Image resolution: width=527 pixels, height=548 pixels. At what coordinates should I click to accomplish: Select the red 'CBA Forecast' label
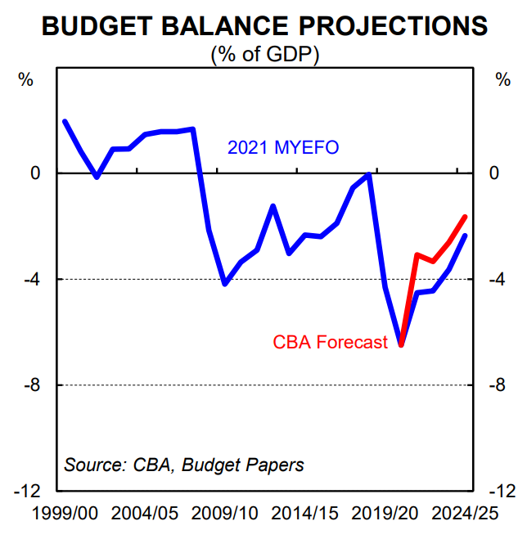pyautogui.click(x=330, y=342)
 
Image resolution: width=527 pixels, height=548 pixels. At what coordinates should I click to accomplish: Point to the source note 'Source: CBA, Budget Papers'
pyautogui.click(x=184, y=465)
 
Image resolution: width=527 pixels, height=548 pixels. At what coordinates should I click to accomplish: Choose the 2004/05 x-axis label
pyautogui.click(x=144, y=514)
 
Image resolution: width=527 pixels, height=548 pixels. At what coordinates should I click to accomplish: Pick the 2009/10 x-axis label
pyautogui.click(x=224, y=514)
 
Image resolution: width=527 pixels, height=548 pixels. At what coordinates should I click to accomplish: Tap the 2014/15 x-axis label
pyautogui.click(x=304, y=514)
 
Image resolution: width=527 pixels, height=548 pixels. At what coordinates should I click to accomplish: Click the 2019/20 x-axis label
pyautogui.click(x=385, y=514)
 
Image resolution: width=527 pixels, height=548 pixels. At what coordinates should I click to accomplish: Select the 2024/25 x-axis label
pyautogui.click(x=465, y=514)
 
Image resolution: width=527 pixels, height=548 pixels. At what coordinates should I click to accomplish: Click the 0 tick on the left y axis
pyautogui.click(x=36, y=173)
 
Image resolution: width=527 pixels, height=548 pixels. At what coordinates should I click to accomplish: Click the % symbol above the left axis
pyautogui.click(x=26, y=79)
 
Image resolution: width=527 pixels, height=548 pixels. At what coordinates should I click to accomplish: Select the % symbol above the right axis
pyautogui.click(x=502, y=79)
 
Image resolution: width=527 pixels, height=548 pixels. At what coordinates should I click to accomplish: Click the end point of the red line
pyautogui.click(x=466, y=217)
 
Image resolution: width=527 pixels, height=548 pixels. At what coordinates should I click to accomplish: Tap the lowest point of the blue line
pyautogui.click(x=401, y=344)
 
